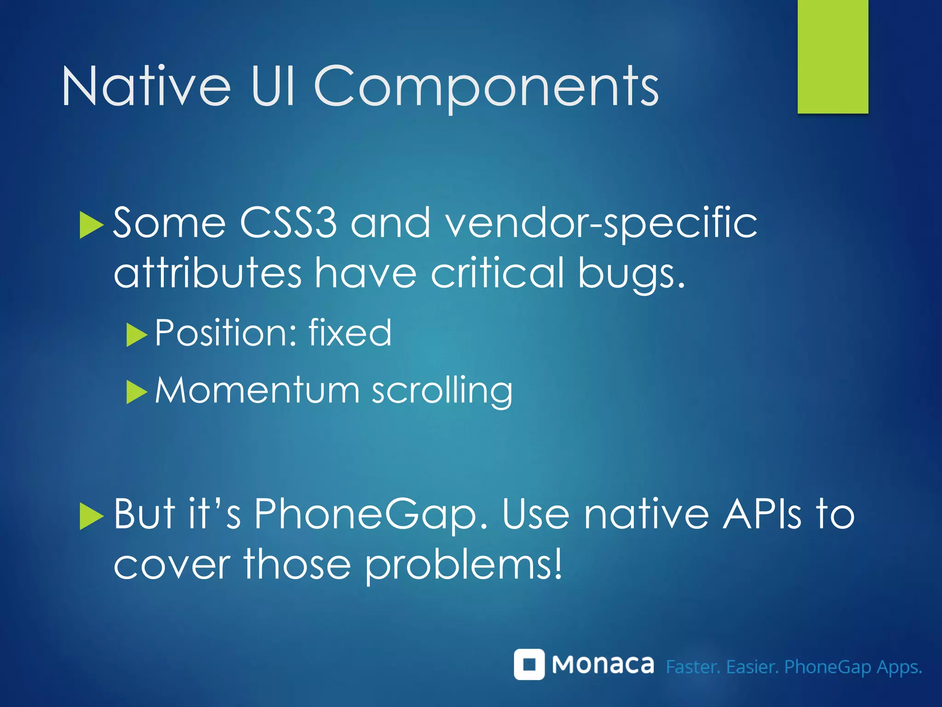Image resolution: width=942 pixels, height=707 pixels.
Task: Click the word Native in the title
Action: point(146,86)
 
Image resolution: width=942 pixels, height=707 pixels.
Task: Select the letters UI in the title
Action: point(273,86)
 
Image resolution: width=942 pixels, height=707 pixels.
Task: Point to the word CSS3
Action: point(288,223)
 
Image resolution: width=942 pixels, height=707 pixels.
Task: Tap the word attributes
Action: point(207,273)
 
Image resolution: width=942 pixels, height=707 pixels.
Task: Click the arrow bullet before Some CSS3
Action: point(91,225)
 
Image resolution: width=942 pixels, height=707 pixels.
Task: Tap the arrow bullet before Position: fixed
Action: point(136,335)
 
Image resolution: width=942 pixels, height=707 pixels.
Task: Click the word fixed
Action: point(350,332)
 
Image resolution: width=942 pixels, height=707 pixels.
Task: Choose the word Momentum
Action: point(257,390)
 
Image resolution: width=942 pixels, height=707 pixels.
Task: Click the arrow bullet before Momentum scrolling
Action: point(136,392)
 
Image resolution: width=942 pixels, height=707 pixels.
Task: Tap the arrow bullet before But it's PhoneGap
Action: point(91,516)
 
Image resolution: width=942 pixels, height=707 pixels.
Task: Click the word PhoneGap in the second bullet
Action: point(370,514)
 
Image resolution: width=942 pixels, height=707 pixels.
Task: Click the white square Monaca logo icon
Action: point(529,664)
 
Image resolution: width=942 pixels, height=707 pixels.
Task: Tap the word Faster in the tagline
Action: point(693,667)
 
